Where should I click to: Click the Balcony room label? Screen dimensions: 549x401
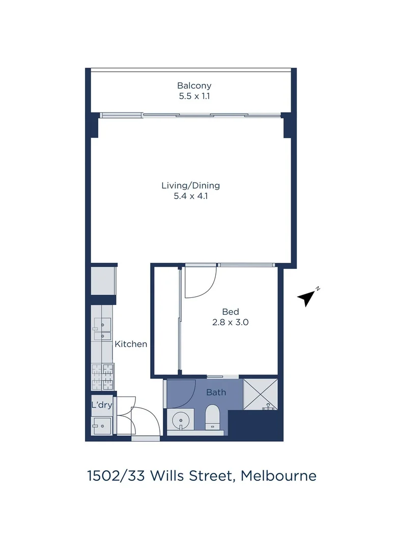pos(194,86)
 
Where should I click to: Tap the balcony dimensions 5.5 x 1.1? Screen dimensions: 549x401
pos(194,96)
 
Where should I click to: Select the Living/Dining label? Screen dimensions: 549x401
pos(191,186)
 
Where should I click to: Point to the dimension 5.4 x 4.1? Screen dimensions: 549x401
pos(191,195)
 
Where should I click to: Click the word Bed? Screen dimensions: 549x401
pos(231,312)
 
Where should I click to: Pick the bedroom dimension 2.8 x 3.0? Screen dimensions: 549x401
pos(231,322)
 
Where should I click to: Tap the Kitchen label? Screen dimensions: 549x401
pos(131,344)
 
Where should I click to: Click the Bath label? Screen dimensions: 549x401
pos(216,392)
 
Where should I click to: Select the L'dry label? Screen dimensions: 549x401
pos(101,405)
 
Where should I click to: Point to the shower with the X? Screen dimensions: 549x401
pos(261,393)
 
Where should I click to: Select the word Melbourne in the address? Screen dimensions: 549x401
pos(278,476)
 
